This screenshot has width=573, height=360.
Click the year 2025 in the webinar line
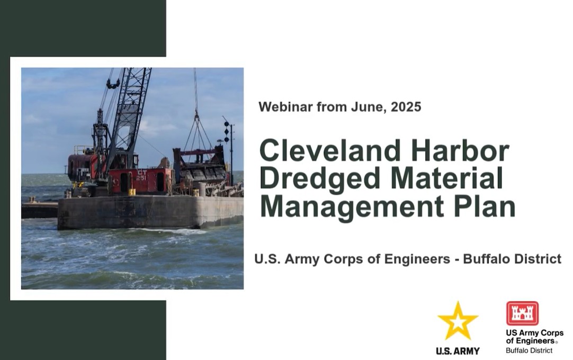[x=406, y=107]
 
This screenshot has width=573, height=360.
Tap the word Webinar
[x=286, y=107]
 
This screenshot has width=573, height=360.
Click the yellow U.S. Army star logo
[x=458, y=321]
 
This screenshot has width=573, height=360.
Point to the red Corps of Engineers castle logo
[x=522, y=313]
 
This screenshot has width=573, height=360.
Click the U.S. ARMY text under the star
[x=458, y=351]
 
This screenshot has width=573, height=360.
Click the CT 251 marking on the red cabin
[x=141, y=175]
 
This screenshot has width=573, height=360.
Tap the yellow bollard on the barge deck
[x=132, y=192]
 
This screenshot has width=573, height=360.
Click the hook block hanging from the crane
[x=113, y=84]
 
